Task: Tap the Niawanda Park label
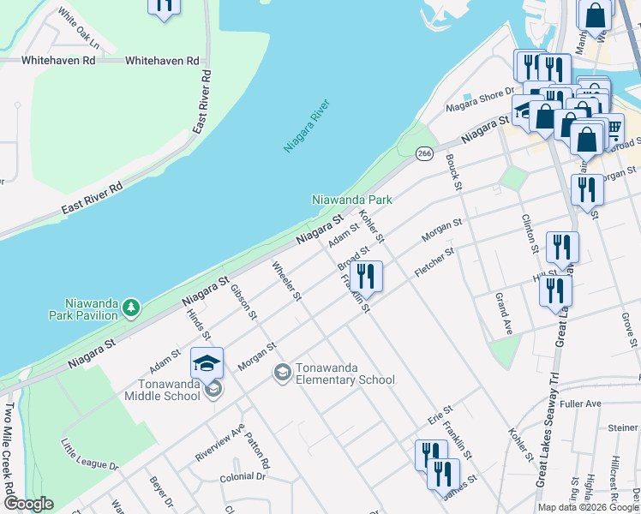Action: point(351,200)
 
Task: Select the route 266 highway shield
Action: point(423,152)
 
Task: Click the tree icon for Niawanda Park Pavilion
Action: point(130,306)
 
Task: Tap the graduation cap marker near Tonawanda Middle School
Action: point(207,364)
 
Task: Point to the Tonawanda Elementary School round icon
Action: point(281,373)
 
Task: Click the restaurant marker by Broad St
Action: point(366,277)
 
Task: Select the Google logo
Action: point(27,504)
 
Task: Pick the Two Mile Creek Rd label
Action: point(9,458)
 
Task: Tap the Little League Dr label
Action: point(89,457)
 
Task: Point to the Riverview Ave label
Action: point(219,442)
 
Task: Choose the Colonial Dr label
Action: point(243,477)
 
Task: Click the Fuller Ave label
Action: point(582,403)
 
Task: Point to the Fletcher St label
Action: point(434,262)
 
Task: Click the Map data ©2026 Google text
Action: point(588,507)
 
